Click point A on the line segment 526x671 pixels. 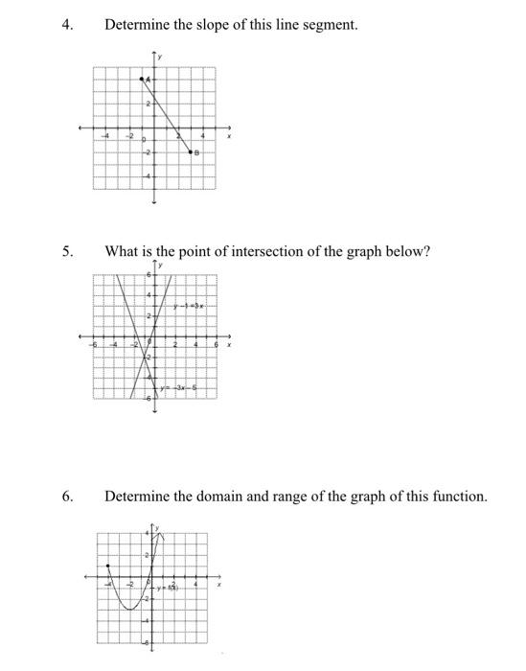[x=144, y=79]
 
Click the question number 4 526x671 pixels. [x=66, y=24]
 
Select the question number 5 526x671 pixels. [x=66, y=252]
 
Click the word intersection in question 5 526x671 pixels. [x=267, y=252]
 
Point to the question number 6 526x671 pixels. [x=66, y=497]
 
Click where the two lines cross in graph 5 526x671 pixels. [x=145, y=358]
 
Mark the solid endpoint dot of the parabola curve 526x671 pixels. [x=108, y=566]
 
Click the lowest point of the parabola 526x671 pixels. [x=128, y=607]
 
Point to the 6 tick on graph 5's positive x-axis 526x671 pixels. [x=216, y=345]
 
